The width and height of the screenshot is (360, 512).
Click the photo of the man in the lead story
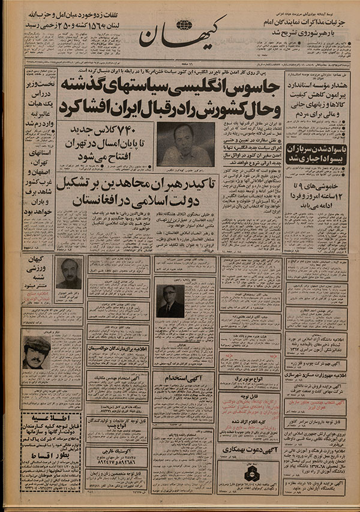185,145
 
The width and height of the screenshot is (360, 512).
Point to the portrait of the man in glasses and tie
170,300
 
